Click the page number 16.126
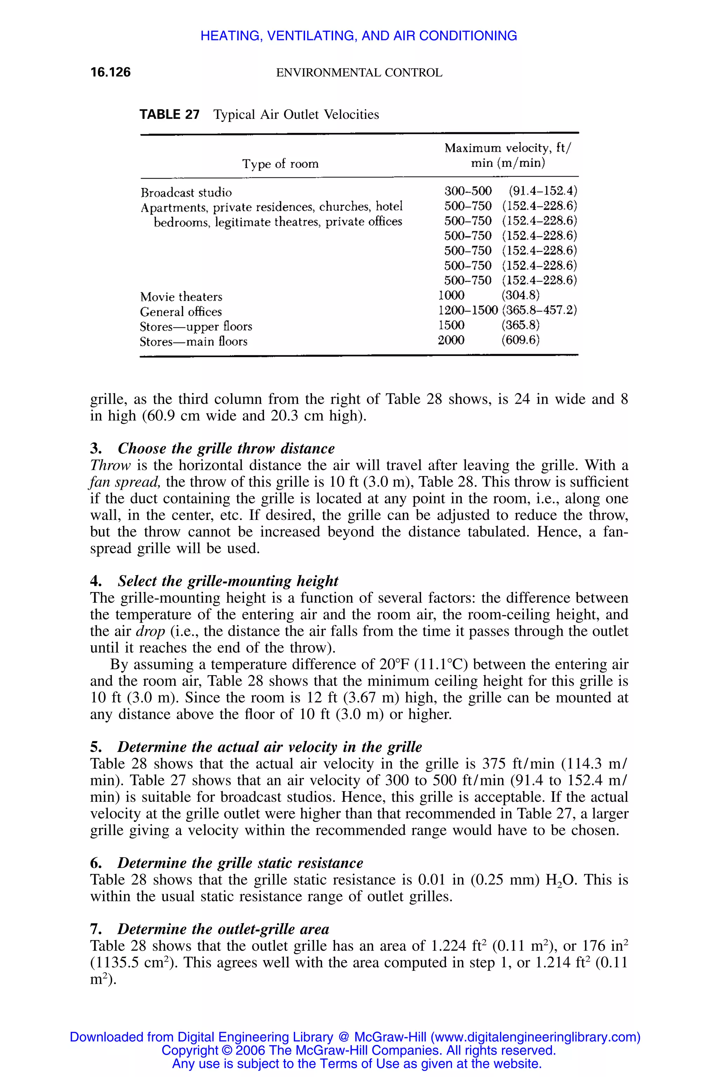[110, 72]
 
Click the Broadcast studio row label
[186, 192]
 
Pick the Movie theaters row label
[181, 297]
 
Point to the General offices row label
[181, 312]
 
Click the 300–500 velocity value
[468, 191]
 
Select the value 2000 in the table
[451, 340]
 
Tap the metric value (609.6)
[520, 340]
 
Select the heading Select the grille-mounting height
[228, 581]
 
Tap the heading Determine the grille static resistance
[240, 863]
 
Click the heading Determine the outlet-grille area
[223, 929]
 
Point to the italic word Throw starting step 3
[110, 465]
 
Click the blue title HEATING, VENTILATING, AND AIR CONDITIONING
[359, 36]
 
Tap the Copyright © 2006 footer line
[359, 1050]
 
